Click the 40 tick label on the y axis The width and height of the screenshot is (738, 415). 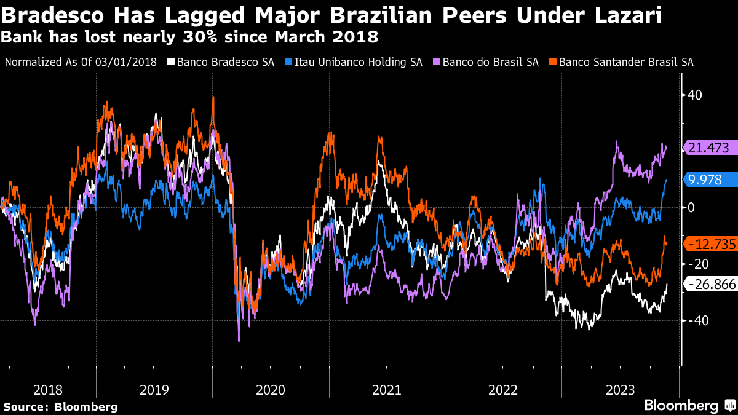click(695, 95)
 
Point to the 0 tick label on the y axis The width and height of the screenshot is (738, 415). click(691, 207)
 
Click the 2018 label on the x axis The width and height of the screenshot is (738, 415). click(47, 390)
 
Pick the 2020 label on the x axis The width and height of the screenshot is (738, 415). click(271, 390)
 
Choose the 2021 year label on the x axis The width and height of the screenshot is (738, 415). click(387, 390)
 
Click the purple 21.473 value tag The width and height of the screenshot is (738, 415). click(709, 148)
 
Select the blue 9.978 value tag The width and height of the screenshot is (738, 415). click(709, 180)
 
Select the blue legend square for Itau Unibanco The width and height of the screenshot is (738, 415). click(288, 62)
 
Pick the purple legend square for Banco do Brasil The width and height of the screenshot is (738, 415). click(436, 62)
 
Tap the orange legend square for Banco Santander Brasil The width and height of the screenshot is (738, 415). click(553, 62)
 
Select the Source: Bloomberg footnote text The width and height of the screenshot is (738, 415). click(60, 406)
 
